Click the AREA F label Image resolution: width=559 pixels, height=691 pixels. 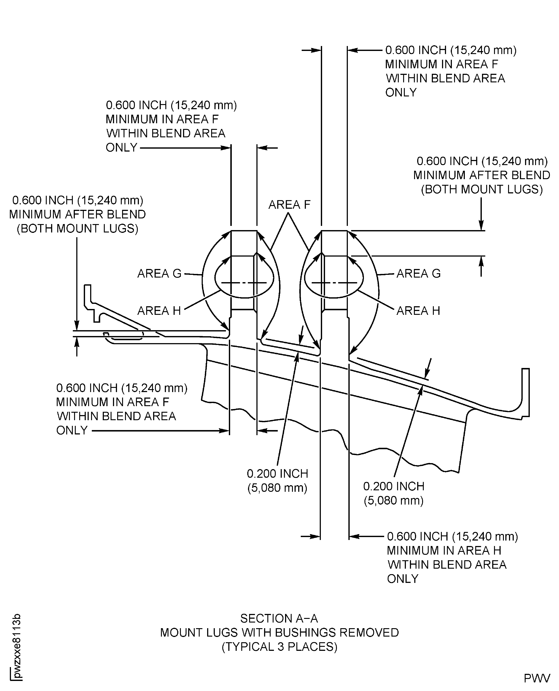pyautogui.click(x=289, y=205)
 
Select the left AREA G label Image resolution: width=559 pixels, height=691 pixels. pyautogui.click(x=159, y=274)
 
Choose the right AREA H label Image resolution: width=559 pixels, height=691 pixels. pyautogui.click(x=418, y=311)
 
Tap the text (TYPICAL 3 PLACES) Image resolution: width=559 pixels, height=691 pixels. pyautogui.click(x=279, y=647)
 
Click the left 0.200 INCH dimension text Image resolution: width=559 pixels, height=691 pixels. pyautogui.click(x=277, y=474)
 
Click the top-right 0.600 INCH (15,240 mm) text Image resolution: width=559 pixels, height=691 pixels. pyautogui.click(x=451, y=50)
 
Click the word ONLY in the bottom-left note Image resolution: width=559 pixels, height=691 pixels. pyautogui.click(x=72, y=430)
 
